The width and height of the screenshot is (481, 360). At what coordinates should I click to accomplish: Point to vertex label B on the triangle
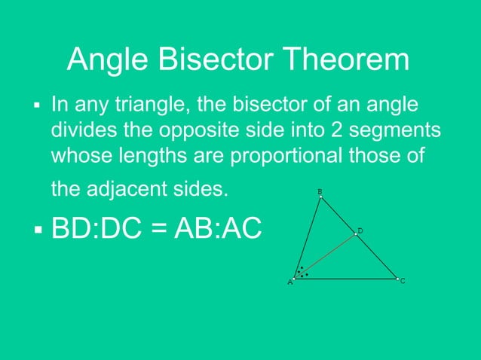320,192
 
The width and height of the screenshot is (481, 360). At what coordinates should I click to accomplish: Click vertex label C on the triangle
403,281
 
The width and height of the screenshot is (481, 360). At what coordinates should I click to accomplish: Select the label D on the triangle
360,230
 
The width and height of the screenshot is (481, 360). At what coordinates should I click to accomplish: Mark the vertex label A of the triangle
290,282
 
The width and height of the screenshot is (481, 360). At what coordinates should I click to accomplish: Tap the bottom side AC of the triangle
347,278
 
